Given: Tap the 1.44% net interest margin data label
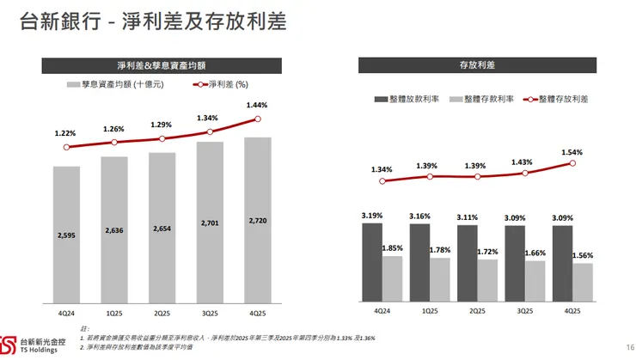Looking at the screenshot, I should coord(257,106).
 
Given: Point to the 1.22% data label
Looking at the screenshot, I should coord(65,133).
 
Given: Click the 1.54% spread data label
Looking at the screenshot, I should coord(572,152).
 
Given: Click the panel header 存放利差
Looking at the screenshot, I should coord(477,64).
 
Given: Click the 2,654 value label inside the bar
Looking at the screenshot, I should coord(162,229).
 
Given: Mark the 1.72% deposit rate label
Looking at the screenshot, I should coord(487,251).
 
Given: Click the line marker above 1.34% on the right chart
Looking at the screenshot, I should coord(382,180).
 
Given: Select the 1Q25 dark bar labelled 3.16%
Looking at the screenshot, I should coord(419,261).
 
